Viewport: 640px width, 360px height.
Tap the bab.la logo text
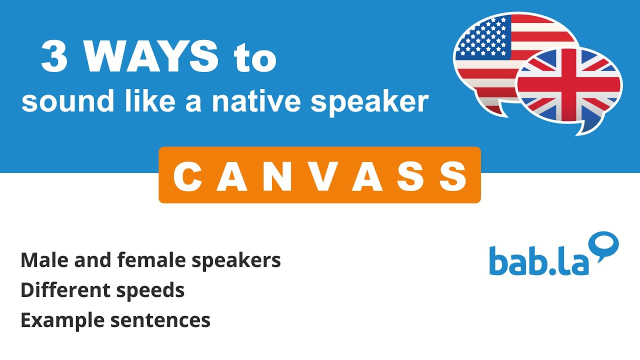[539, 260]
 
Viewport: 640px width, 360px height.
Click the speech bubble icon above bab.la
[604, 245]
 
